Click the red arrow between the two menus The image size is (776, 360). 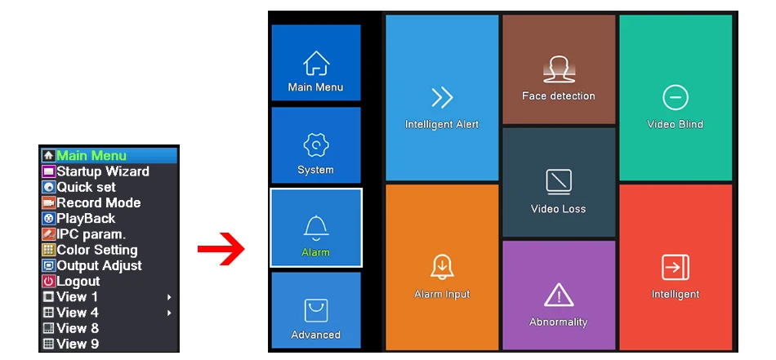point(221,250)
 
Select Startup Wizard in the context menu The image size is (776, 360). point(103,171)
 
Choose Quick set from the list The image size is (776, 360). point(86,187)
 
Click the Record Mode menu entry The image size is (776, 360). point(98,202)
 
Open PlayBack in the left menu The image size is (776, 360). point(86,218)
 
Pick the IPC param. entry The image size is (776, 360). point(91,234)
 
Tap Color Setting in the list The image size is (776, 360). point(96,250)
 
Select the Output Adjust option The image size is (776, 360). point(99,265)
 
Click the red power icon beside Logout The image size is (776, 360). point(48,282)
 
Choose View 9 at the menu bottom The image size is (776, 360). point(78,344)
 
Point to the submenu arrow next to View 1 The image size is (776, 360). point(169,297)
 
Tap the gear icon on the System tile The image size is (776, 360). point(315,146)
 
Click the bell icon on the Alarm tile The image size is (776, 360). point(315,228)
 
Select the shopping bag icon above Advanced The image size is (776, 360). point(315,310)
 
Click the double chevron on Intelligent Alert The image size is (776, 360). point(442,99)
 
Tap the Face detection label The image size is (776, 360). point(559,96)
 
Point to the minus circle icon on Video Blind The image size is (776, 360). point(675,98)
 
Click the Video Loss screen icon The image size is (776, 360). point(559,180)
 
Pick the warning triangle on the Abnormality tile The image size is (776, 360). point(559,295)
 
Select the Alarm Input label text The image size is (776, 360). point(442,294)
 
